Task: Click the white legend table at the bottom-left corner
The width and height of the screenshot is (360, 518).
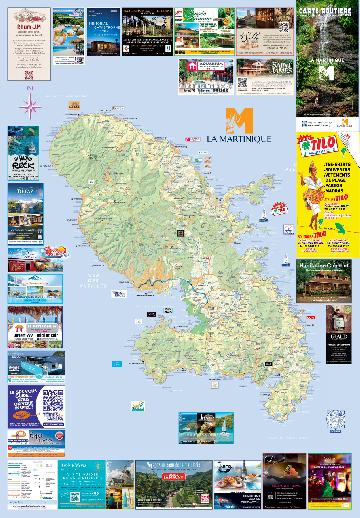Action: click(28, 480)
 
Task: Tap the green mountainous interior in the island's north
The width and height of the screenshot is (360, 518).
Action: click(110, 160)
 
